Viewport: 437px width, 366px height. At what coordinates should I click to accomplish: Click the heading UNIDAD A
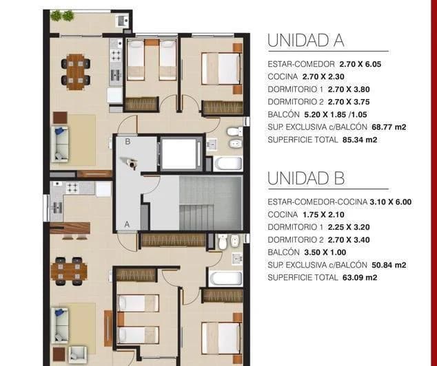tap(305, 41)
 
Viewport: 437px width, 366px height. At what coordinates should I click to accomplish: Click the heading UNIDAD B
tap(305, 178)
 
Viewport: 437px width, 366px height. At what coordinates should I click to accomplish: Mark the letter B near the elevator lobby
tap(128, 142)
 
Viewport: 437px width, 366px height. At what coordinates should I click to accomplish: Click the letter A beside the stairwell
tap(127, 224)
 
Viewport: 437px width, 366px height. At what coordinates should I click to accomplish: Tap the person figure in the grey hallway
tap(130, 163)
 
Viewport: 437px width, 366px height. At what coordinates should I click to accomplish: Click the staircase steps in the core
tap(210, 203)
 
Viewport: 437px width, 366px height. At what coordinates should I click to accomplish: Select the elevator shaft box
tap(181, 153)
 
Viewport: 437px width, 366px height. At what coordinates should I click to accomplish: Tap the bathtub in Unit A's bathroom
tap(227, 164)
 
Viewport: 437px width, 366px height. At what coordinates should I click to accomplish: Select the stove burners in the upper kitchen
tap(115, 52)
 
